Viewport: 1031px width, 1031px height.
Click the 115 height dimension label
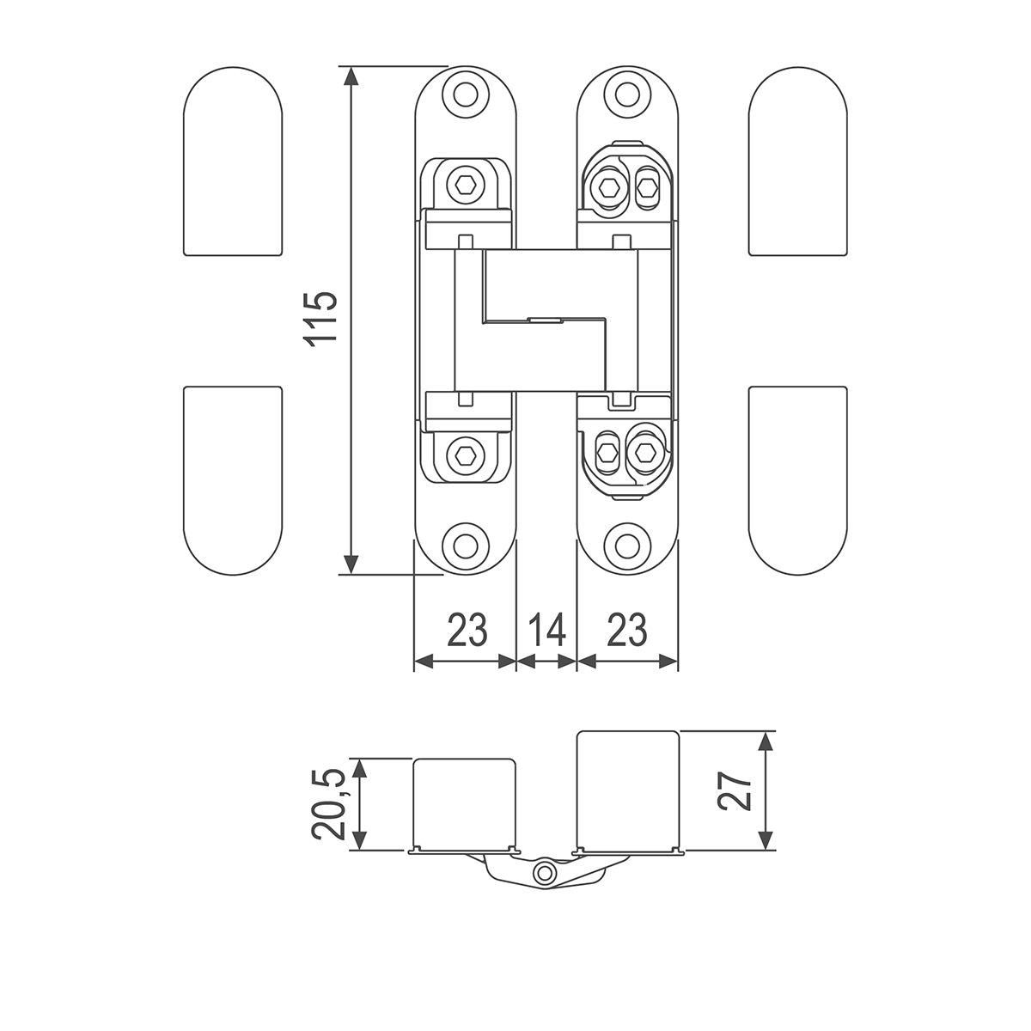click(320, 320)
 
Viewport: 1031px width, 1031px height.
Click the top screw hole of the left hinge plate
click(466, 95)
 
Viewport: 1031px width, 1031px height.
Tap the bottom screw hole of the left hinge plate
click(466, 546)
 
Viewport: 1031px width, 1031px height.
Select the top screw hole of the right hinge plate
click(627, 95)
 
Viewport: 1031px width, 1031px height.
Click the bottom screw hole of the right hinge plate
click(627, 546)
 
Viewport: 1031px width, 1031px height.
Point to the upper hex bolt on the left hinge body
click(465, 186)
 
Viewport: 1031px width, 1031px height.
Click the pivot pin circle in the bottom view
click(546, 874)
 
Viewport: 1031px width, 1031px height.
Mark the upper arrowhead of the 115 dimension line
click(351, 76)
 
